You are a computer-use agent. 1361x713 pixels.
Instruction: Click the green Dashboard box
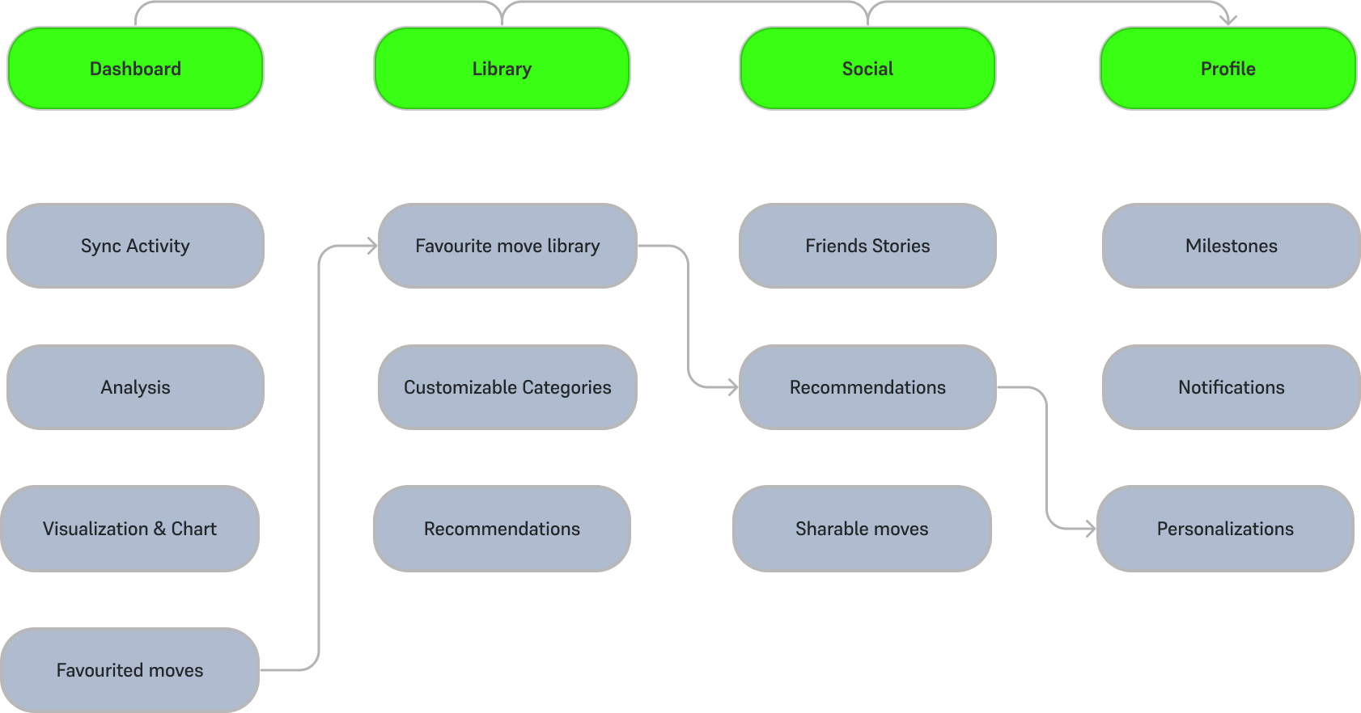pos(135,69)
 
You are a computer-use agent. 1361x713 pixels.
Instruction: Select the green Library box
pos(502,69)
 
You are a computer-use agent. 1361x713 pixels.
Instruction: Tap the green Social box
pos(867,69)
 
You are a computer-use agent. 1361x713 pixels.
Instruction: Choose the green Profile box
pos(1227,69)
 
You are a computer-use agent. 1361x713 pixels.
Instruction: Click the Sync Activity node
pos(135,246)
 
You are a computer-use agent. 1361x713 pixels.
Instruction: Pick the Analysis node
pos(135,387)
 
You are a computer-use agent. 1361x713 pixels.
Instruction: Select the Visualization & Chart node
pos(129,529)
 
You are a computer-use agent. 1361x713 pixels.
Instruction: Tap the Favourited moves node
pos(129,670)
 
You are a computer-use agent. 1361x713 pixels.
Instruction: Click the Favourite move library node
pos(507,246)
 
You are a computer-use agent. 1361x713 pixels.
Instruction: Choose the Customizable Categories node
pos(507,387)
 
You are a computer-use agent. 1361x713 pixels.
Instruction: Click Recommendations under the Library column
pos(502,529)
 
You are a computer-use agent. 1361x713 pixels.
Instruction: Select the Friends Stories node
pos(867,246)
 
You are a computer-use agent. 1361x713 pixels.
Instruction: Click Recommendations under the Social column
pos(867,387)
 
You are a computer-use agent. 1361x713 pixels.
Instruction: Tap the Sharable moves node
pos(862,529)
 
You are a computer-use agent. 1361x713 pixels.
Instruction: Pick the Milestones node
pos(1231,246)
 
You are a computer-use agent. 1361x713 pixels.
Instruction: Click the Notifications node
pos(1231,387)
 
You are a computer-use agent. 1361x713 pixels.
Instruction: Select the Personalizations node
pos(1225,529)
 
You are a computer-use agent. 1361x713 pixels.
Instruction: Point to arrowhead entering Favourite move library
pos(373,246)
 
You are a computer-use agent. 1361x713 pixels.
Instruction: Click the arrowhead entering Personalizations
pos(1092,529)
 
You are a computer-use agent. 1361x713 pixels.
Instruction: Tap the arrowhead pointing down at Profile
pos(1228,20)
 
